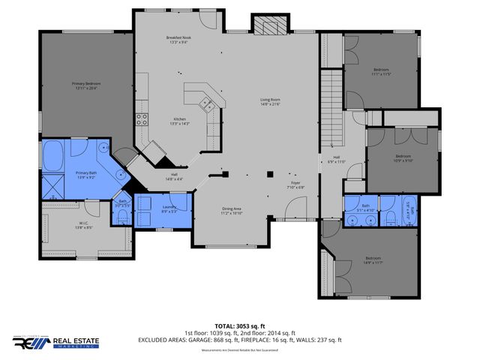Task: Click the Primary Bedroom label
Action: point(86,85)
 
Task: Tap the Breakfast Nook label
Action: point(179,40)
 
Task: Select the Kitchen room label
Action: point(181,121)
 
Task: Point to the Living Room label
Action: point(270,101)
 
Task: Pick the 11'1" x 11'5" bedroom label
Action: point(381,72)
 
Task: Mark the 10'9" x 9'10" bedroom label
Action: point(403,157)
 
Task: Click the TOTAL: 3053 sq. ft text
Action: point(240,325)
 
